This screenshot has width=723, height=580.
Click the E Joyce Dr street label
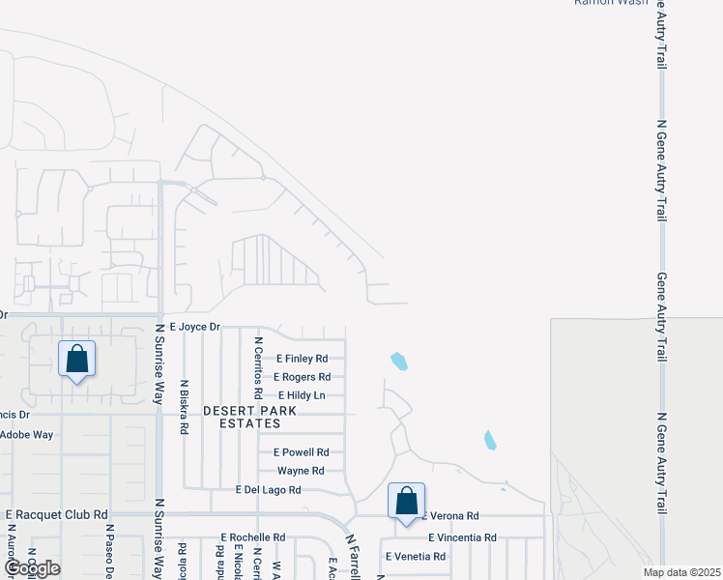coord(194,328)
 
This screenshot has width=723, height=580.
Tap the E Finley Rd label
coord(302,359)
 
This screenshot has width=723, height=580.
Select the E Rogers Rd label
coord(302,377)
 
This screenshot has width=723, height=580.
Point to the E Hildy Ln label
coord(301,395)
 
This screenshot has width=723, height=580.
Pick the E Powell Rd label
coord(302,451)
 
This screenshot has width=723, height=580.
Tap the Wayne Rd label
coord(301,471)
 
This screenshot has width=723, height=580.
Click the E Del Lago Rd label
coord(269,490)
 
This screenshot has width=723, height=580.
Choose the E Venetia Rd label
coord(416,557)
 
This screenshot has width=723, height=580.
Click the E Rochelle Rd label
coord(253,537)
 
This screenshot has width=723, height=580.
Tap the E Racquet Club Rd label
coord(56,515)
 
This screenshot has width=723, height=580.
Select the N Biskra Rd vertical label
coord(183,407)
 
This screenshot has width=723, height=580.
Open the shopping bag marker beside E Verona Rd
coord(407,502)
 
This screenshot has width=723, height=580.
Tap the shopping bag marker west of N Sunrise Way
coord(77,360)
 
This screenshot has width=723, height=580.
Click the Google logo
coord(33,568)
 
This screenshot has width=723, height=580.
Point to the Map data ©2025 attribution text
coord(682,572)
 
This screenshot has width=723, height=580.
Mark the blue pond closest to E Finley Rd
coord(398,362)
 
